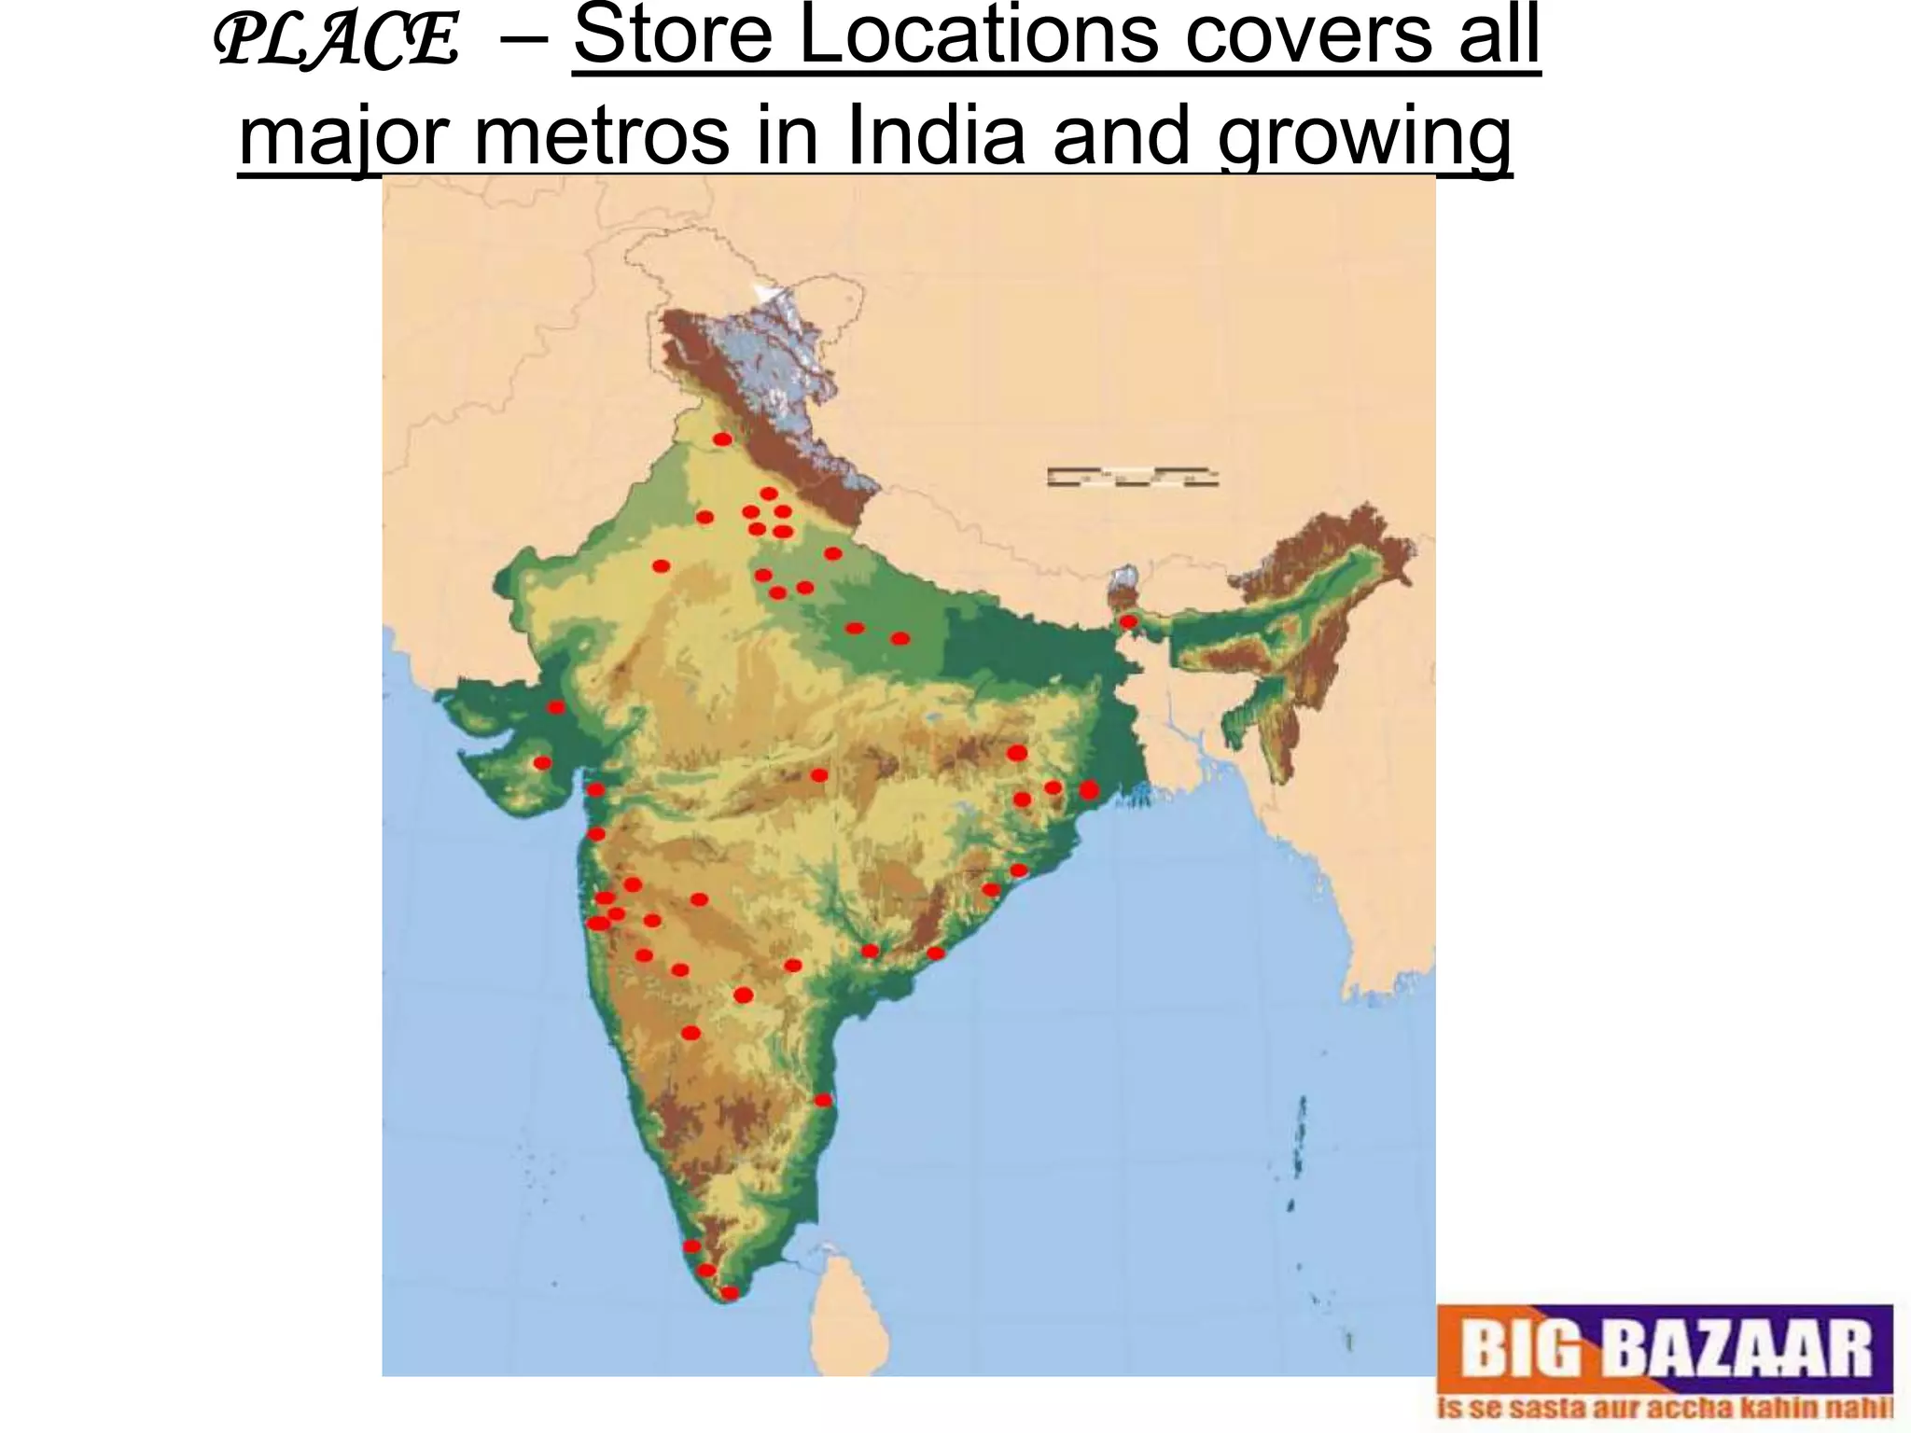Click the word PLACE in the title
(337, 42)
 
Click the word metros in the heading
(601, 137)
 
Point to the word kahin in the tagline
(1789, 1408)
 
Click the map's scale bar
(1132, 477)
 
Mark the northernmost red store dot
(721, 439)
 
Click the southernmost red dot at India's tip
(730, 1293)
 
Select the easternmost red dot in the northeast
(1128, 621)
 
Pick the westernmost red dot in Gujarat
(542, 763)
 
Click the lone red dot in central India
(819, 775)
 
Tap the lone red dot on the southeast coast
(822, 1101)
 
